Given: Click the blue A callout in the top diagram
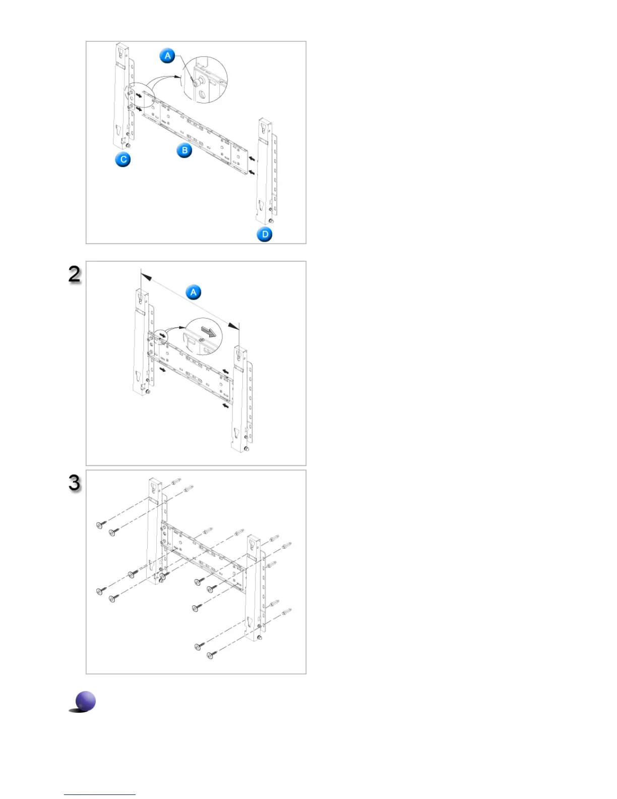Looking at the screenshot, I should coord(168,55).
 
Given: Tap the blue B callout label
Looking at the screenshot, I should coord(184,150).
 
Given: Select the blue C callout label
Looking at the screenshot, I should coord(123,159).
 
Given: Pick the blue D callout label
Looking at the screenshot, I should coord(265,234).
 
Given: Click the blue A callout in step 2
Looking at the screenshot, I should coord(193,292).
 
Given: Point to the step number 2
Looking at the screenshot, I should coord(75,274).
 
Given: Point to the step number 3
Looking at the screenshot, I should coord(75,483).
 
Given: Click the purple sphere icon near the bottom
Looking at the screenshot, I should coord(85,701).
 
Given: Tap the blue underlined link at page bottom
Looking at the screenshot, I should coord(100,794).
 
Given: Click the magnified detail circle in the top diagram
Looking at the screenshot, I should coord(205,80).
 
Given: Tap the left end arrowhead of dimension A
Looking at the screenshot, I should coord(146,276).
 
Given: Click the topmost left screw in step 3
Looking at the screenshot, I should coord(100,526).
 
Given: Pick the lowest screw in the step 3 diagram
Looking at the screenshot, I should coord(211,655).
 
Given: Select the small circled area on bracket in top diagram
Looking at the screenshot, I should coord(140,96).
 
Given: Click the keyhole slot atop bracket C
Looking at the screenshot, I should coord(121,51).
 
